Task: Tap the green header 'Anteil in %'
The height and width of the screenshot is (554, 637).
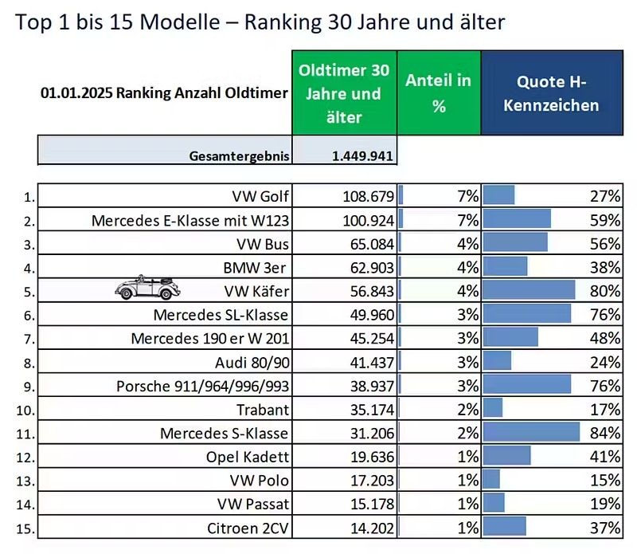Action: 438,92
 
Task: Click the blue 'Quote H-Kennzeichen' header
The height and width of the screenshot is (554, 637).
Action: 551,92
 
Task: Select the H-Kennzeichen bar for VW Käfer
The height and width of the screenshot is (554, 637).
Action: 529,290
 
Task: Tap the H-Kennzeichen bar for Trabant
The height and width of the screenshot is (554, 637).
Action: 493,409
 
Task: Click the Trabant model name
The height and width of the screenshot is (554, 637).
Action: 264,410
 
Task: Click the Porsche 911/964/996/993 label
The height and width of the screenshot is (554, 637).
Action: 202,386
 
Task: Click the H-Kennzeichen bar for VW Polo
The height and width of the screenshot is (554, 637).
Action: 491,480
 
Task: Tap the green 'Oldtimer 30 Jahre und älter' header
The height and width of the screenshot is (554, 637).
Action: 344,92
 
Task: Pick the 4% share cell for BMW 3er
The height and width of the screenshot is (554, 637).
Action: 467,267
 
